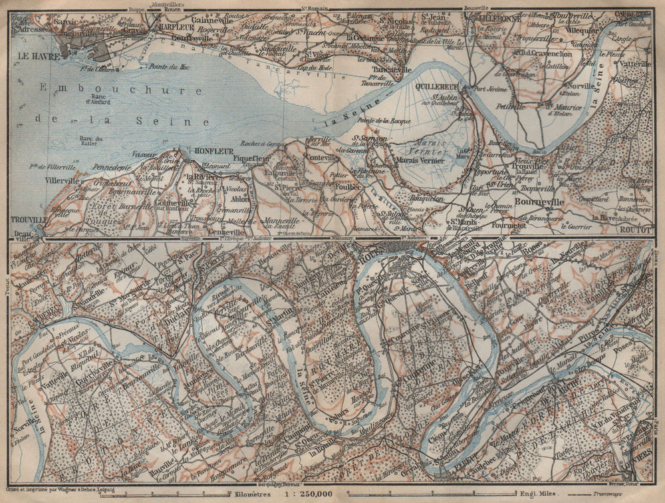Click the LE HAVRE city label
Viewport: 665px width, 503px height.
point(31,56)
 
